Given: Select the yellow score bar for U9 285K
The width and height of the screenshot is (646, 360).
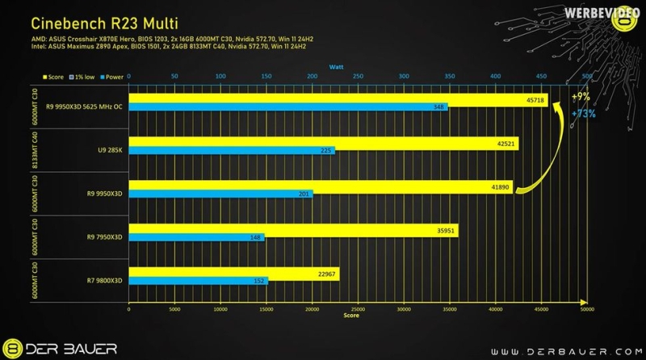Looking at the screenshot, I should (x=323, y=144).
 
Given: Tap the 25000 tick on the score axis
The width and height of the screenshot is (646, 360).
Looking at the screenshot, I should (x=358, y=309).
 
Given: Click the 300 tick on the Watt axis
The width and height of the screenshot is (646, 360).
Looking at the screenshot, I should (x=404, y=77).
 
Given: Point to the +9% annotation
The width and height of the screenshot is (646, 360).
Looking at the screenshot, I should (x=580, y=97).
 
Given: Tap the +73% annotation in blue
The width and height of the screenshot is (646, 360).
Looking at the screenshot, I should (x=583, y=114).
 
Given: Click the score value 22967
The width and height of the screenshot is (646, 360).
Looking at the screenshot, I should (x=326, y=274).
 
